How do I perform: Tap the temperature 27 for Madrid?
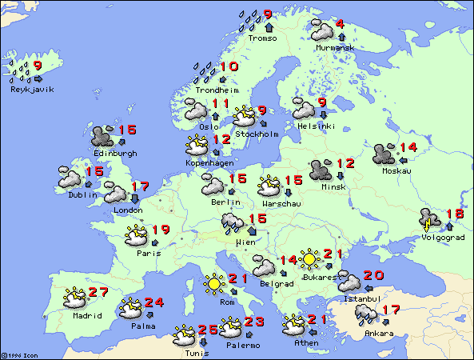(x=98, y=293)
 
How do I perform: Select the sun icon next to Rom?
(x=213, y=283)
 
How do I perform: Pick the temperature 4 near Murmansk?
(x=340, y=24)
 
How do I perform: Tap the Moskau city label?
(x=396, y=170)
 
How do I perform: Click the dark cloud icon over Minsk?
(x=321, y=170)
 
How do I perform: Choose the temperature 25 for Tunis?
(x=207, y=330)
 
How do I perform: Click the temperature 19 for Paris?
(x=160, y=230)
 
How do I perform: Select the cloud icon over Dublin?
(x=69, y=178)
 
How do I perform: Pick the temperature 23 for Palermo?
(x=253, y=322)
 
